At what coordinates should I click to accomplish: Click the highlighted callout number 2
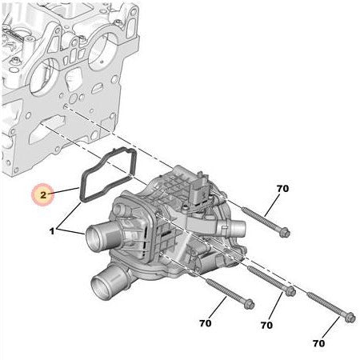point(43,194)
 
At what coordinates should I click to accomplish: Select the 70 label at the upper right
point(282,189)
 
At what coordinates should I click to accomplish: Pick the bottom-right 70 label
point(318,343)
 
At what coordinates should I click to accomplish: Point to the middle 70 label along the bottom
point(266,326)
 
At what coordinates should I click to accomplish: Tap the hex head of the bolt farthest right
point(347,318)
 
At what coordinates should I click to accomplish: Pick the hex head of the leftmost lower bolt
point(247,303)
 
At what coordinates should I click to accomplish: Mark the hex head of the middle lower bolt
point(290,291)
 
